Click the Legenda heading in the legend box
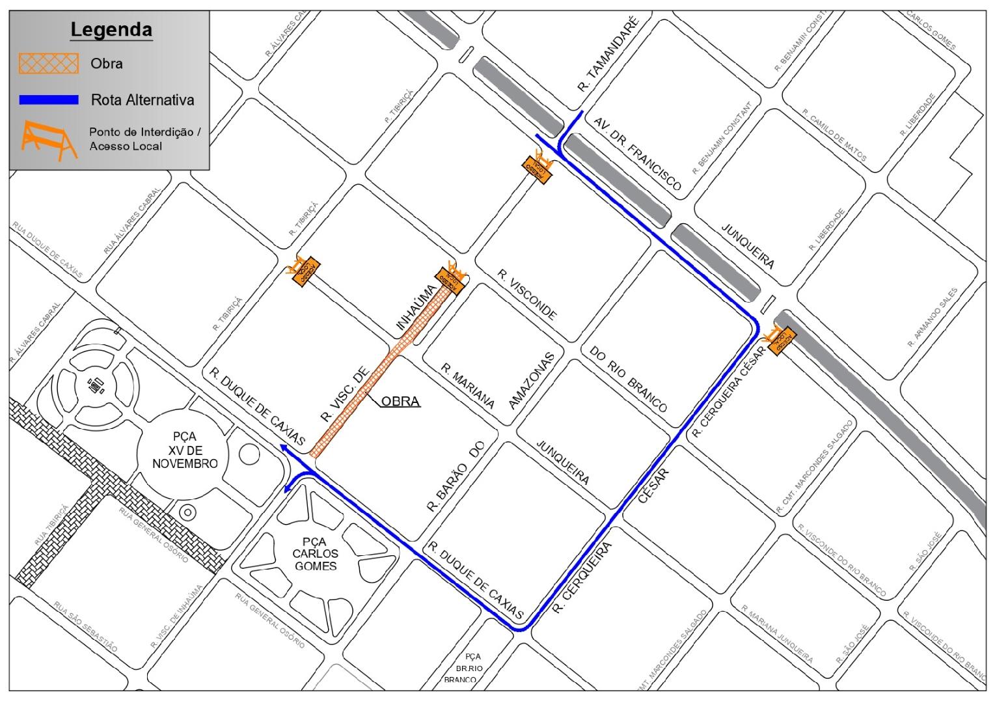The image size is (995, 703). (x=111, y=30)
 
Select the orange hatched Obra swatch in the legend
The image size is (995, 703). (x=49, y=64)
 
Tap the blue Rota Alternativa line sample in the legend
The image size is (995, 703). (x=49, y=100)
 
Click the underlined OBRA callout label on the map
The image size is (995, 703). (x=400, y=401)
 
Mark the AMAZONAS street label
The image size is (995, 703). (x=533, y=381)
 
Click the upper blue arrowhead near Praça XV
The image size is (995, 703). (x=283, y=447)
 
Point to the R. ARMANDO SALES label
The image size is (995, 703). (x=932, y=317)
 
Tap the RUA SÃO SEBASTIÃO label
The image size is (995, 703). (x=85, y=626)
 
